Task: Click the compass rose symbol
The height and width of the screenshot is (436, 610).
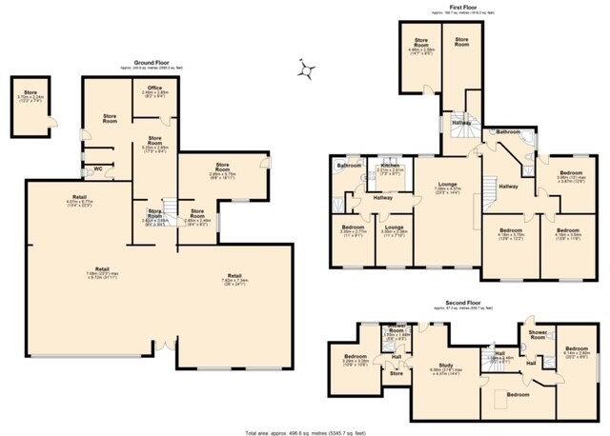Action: (306, 70)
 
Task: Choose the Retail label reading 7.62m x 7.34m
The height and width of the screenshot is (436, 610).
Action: (234, 278)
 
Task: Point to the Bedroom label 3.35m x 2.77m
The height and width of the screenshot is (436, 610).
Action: (352, 228)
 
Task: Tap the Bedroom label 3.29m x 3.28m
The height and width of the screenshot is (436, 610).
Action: (356, 360)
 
